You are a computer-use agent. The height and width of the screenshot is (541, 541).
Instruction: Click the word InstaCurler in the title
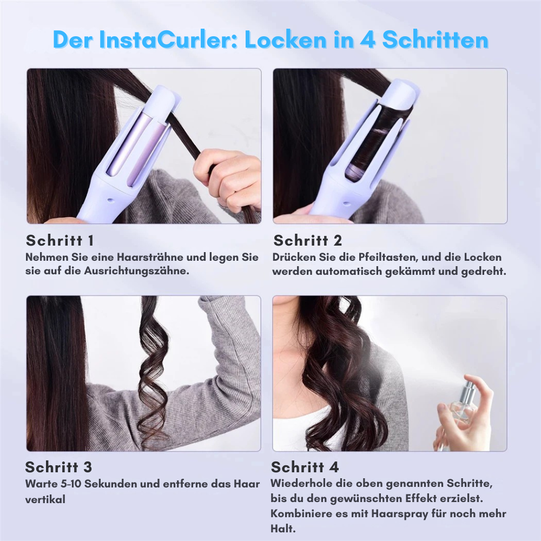click(168, 39)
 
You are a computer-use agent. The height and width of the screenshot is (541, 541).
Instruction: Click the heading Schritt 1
click(60, 241)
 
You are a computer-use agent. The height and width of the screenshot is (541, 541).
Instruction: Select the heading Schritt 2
click(307, 241)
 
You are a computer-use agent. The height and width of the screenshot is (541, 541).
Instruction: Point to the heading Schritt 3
click(58, 467)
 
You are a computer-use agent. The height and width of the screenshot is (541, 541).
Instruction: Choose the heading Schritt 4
click(305, 467)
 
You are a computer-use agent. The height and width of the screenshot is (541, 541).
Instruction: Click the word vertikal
click(45, 499)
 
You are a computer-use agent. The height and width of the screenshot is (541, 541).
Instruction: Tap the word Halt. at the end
click(283, 529)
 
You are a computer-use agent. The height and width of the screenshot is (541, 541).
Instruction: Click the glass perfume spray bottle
click(462, 403)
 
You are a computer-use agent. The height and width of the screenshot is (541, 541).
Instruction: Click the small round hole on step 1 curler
click(110, 200)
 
